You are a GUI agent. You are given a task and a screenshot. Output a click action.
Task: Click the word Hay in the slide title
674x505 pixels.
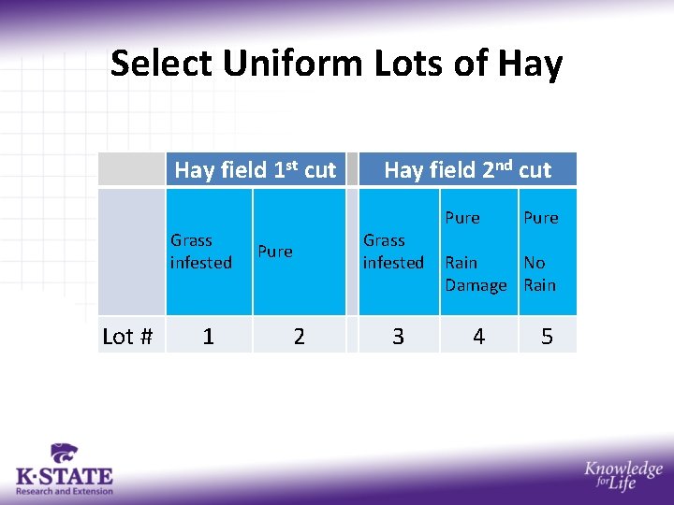(531, 65)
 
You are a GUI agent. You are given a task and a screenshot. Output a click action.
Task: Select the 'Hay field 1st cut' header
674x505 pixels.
(255, 169)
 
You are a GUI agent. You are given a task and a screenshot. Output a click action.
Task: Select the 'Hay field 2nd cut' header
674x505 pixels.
(467, 169)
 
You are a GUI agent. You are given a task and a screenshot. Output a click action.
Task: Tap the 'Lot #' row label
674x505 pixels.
(127, 337)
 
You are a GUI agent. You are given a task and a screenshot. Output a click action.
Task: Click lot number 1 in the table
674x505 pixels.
(208, 337)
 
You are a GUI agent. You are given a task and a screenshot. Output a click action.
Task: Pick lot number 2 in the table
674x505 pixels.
(299, 337)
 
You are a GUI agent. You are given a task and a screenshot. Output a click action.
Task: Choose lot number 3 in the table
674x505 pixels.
(398, 337)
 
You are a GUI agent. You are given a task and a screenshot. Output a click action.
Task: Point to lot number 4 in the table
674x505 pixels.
(478, 337)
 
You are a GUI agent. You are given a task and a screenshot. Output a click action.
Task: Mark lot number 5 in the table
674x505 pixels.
(547, 337)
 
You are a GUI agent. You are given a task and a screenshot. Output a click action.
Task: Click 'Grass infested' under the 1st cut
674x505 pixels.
(200, 252)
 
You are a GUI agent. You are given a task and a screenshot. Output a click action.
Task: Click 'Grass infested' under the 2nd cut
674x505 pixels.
(393, 252)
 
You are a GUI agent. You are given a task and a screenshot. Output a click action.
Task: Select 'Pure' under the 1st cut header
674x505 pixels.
(275, 252)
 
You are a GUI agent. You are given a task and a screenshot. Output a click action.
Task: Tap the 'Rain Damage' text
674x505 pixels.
(476, 274)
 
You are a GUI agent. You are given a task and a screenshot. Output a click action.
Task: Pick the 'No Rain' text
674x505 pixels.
(539, 274)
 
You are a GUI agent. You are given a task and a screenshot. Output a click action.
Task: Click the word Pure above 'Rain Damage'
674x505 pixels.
(462, 218)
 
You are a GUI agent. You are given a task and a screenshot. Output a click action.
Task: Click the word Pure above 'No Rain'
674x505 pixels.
(540, 218)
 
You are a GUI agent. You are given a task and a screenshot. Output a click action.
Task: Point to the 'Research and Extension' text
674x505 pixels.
(65, 491)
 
